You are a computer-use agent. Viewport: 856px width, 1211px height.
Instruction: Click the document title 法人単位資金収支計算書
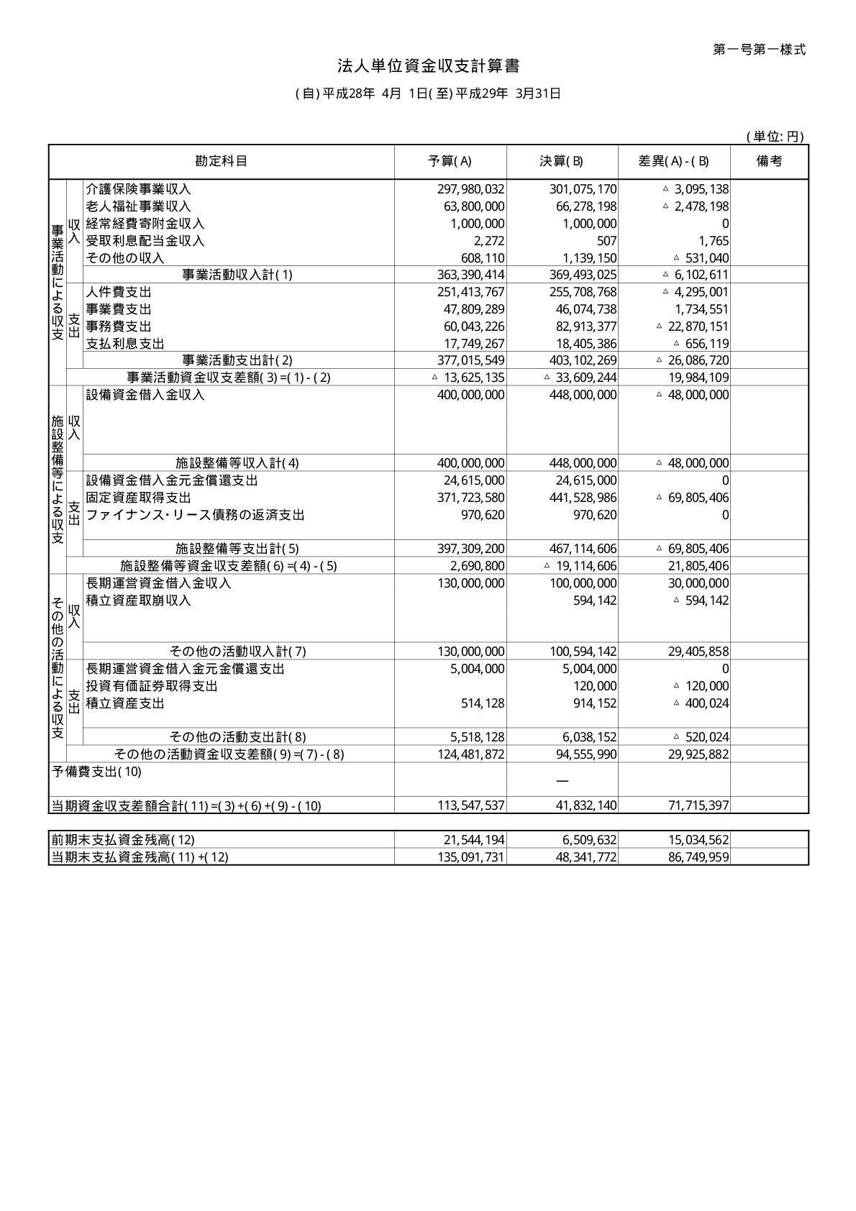pyautogui.click(x=429, y=67)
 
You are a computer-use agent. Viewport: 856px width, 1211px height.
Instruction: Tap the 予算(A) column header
pyautogui.click(x=450, y=161)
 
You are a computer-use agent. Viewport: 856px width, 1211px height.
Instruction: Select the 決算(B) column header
pyautogui.click(x=562, y=161)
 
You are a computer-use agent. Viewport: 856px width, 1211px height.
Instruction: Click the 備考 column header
pyautogui.click(x=769, y=161)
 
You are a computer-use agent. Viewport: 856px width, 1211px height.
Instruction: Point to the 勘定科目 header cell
pyautogui.click(x=221, y=161)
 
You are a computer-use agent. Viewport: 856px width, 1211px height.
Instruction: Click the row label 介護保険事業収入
pyautogui.click(x=138, y=189)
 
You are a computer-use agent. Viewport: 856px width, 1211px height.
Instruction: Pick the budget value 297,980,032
pyautogui.click(x=470, y=189)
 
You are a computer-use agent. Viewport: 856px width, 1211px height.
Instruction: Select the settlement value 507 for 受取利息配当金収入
pyautogui.click(x=606, y=241)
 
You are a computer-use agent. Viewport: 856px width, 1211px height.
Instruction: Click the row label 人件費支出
pyautogui.click(x=119, y=292)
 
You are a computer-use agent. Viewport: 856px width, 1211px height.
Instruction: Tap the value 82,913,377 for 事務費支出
pyautogui.click(x=583, y=326)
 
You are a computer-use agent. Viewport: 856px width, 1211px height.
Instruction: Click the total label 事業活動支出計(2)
pyautogui.click(x=237, y=360)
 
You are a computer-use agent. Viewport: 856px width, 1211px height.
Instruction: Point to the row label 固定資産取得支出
pyautogui.click(x=138, y=498)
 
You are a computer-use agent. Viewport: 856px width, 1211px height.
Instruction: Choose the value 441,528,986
pyautogui.click(x=583, y=498)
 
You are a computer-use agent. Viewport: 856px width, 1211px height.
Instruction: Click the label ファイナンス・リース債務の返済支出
pyautogui.click(x=195, y=515)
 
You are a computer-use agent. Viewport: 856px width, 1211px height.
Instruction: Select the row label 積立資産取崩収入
pyautogui.click(x=138, y=600)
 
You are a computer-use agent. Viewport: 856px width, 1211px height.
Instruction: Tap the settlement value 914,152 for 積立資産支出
pyautogui.click(x=595, y=703)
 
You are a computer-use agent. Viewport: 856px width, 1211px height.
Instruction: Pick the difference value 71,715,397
pyautogui.click(x=698, y=805)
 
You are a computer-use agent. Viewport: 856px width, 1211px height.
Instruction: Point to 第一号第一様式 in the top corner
pyautogui.click(x=759, y=50)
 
